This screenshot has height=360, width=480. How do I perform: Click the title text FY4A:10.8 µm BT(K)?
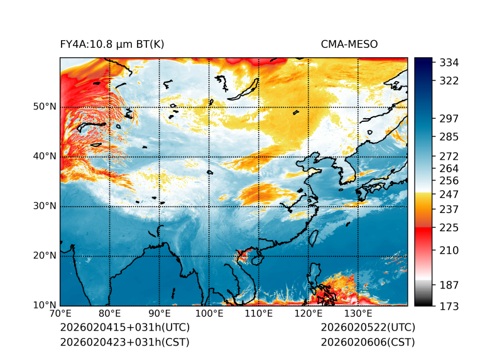click(112, 45)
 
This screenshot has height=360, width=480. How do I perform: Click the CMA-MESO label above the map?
click(349, 45)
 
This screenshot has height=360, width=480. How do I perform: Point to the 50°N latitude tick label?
click(45, 107)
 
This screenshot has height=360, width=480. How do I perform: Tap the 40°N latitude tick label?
click(45, 156)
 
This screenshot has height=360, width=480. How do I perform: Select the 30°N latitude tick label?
click(45, 206)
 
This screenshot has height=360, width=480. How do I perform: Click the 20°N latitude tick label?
click(45, 256)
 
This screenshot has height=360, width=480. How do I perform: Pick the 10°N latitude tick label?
click(45, 305)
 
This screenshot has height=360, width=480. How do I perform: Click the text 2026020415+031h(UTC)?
click(124, 328)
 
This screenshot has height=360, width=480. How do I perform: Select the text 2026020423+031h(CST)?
click(124, 342)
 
